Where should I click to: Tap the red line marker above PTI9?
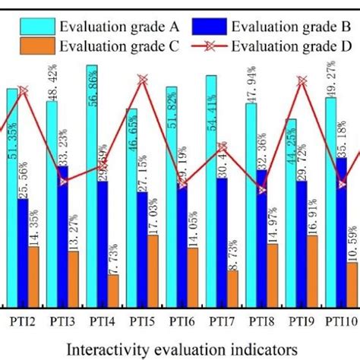[x=302, y=80]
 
